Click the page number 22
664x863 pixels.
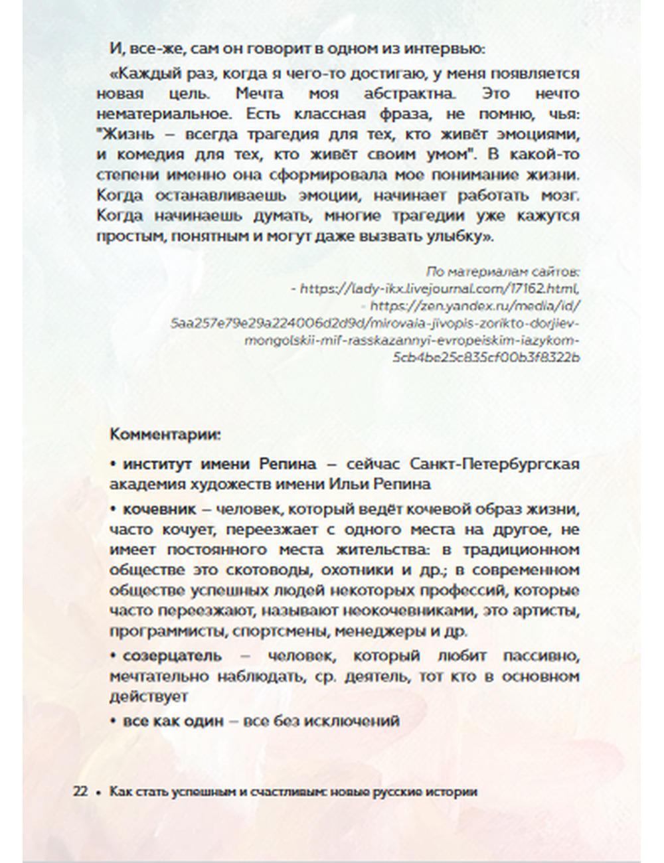(x=80, y=791)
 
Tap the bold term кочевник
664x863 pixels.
(x=159, y=509)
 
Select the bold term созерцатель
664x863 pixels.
(x=172, y=655)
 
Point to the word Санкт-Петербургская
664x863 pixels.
(x=495, y=463)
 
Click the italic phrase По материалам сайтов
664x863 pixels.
(x=503, y=272)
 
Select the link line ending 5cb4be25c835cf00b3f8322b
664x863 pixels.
(x=486, y=357)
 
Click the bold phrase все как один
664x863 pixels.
(x=173, y=720)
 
